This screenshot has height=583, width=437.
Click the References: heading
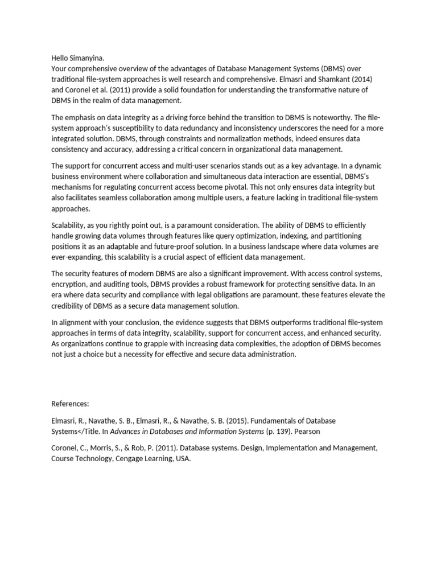click(x=70, y=404)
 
